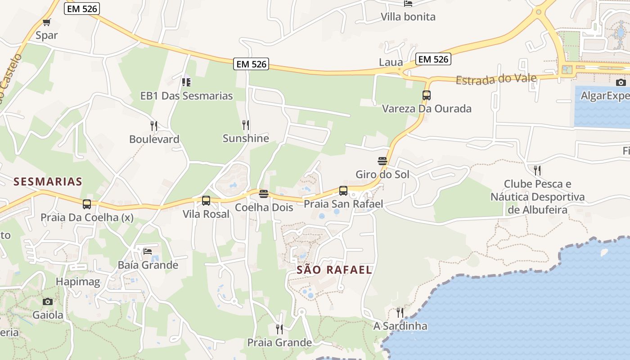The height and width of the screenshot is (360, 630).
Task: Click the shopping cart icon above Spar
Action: click(x=46, y=22)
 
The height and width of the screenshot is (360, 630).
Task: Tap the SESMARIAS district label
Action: click(x=48, y=182)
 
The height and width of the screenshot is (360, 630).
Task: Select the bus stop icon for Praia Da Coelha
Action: click(x=87, y=204)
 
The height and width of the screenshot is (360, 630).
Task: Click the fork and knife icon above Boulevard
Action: click(x=154, y=126)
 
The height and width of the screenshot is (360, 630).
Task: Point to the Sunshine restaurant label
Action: click(x=246, y=139)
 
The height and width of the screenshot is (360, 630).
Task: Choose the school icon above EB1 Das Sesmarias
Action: click(x=186, y=82)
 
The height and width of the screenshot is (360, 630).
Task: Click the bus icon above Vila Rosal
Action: click(x=206, y=201)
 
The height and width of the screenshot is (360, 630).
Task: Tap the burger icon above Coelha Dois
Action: click(x=264, y=194)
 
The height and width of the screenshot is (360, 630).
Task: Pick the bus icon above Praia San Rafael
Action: click(x=343, y=191)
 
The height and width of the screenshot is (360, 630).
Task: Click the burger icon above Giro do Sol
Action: click(x=382, y=161)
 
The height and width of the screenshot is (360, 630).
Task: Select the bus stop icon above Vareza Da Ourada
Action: click(x=427, y=95)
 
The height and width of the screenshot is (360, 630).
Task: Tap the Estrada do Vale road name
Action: click(x=496, y=79)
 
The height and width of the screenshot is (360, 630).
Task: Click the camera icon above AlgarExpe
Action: click(x=621, y=82)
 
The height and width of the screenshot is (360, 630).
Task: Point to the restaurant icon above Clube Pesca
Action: click(x=537, y=170)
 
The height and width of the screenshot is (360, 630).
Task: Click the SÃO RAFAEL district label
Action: click(x=334, y=270)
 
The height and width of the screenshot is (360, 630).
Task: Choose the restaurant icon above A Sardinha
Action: click(x=400, y=312)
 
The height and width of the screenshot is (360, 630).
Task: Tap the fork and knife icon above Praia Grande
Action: click(x=279, y=329)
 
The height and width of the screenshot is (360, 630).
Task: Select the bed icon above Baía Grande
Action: click(x=148, y=251)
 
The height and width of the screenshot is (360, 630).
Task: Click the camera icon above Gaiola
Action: click(x=47, y=301)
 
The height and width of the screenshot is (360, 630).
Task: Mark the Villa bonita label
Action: click(x=408, y=17)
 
